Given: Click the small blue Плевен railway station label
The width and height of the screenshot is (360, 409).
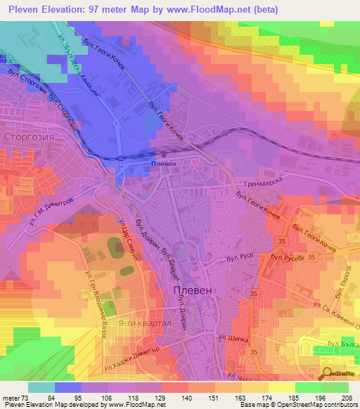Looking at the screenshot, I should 162,164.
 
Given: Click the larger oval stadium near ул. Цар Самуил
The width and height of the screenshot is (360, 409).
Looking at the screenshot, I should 113,248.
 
